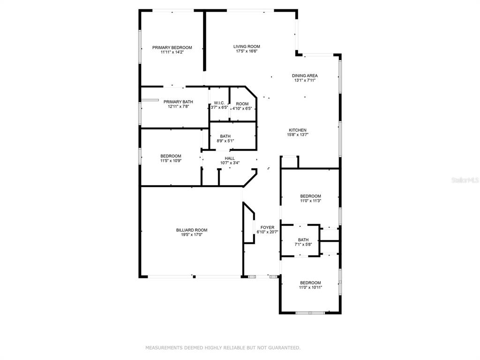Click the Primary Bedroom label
(x=172, y=47)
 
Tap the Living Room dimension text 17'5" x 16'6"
(x=247, y=51)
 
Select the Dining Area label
(x=305, y=75)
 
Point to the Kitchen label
(x=298, y=130)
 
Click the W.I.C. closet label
(x=219, y=103)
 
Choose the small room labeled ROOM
(x=242, y=104)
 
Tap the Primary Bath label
(x=178, y=102)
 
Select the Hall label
(x=230, y=158)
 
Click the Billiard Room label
(x=192, y=230)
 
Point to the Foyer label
(x=268, y=227)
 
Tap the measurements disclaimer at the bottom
(x=223, y=348)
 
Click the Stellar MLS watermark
(x=465, y=180)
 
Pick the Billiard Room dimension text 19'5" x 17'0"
(x=192, y=235)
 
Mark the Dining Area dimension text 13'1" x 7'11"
(x=305, y=80)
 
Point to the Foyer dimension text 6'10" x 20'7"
(x=268, y=232)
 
